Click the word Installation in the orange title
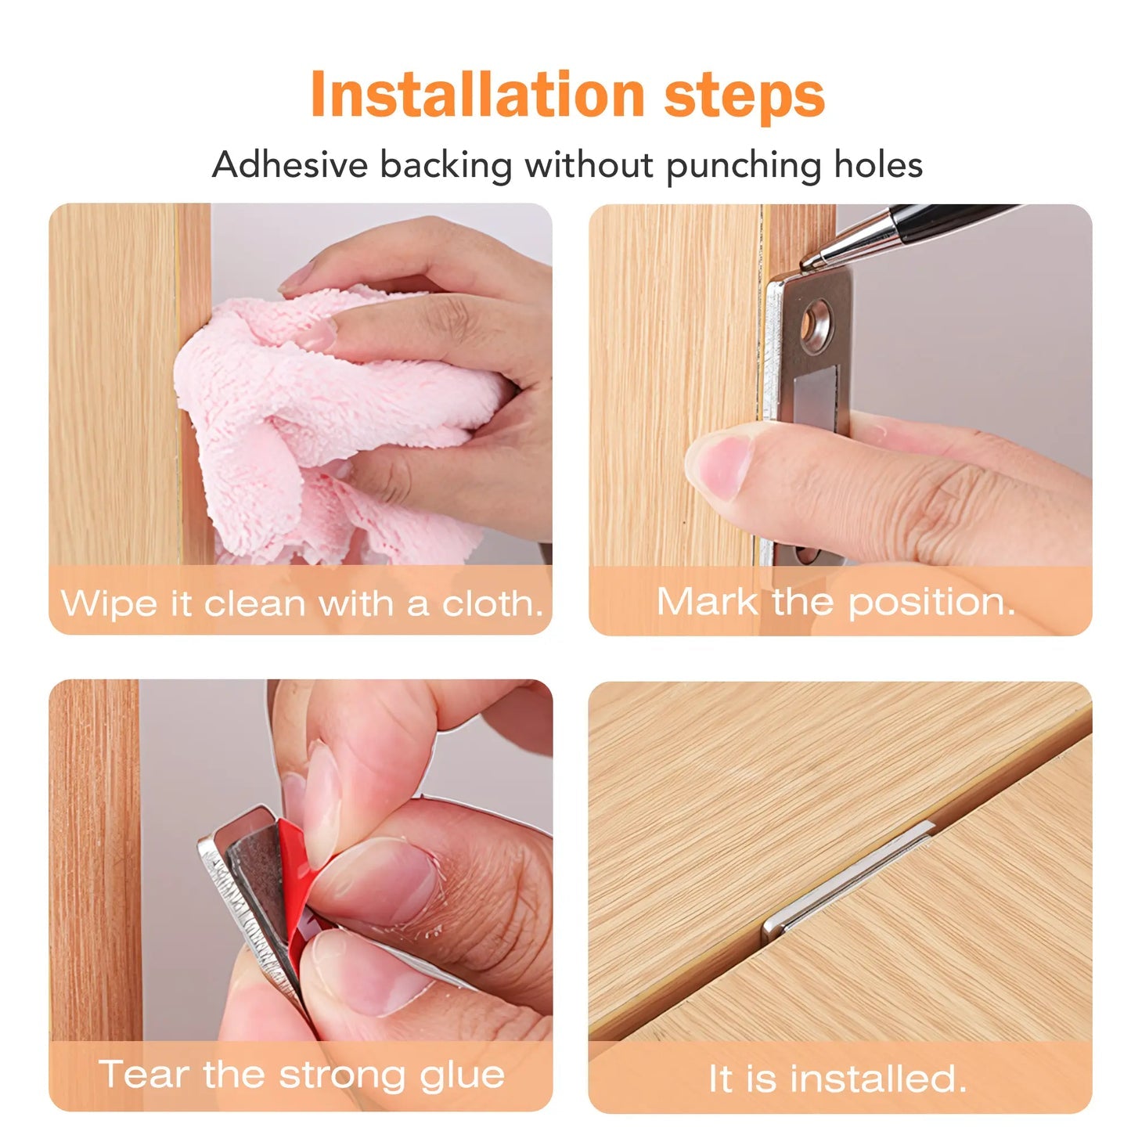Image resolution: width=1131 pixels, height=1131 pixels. [x=477, y=94]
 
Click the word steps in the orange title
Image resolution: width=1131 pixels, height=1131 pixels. [x=744, y=97]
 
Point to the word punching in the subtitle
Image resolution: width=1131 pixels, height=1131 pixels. [x=744, y=167]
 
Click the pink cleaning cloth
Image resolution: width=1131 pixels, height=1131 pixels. [x=329, y=423]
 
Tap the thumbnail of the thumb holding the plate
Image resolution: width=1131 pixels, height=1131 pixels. [x=721, y=463]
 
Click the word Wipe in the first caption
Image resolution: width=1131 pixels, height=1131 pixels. [x=109, y=604]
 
